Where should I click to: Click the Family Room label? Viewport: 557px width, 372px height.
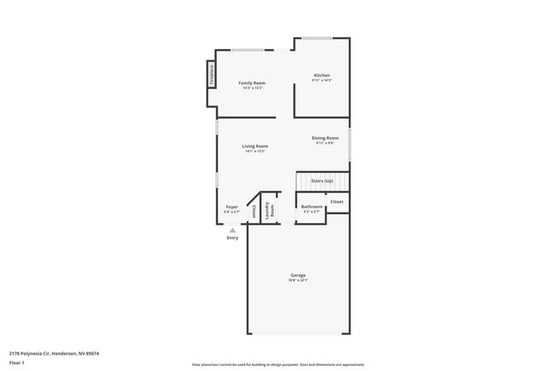tap(253, 82)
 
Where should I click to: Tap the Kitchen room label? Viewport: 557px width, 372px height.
tap(321, 75)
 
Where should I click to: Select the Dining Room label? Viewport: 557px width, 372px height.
tap(325, 138)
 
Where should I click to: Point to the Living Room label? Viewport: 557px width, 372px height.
tap(256, 147)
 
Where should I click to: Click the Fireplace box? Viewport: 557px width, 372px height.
tap(210, 73)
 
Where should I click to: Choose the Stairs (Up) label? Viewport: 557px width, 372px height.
tap(322, 181)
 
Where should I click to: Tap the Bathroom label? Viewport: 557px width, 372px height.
tap(312, 207)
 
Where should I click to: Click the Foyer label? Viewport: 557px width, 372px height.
tap(231, 207)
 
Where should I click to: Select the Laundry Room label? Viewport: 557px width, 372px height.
tap(270, 209)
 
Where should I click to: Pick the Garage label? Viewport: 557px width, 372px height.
tap(297, 275)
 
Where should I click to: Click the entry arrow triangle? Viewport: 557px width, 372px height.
tap(232, 230)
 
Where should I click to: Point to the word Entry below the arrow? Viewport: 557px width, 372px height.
tap(232, 238)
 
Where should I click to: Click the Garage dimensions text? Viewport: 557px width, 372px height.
tap(297, 280)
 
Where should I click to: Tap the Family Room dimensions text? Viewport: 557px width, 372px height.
tap(253, 87)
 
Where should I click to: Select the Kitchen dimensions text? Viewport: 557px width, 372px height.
tap(321, 81)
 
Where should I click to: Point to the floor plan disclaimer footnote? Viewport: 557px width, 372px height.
tap(278, 364)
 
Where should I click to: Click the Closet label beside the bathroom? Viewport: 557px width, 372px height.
tap(337, 201)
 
